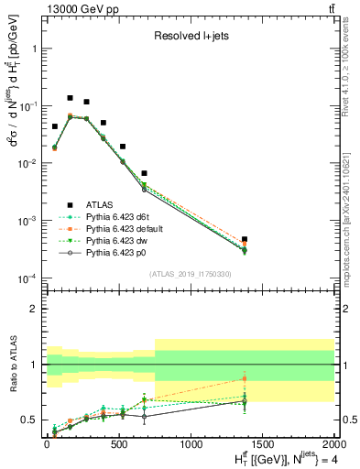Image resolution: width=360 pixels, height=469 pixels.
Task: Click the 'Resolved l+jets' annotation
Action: [189, 37]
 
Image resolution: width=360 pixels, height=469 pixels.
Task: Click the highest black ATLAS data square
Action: [70, 98]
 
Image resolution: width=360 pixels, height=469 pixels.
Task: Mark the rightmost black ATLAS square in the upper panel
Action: [245, 239]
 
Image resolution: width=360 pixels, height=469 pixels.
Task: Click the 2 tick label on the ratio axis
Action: [34, 310]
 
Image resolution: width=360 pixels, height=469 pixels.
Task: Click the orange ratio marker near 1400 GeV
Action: [245, 378]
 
